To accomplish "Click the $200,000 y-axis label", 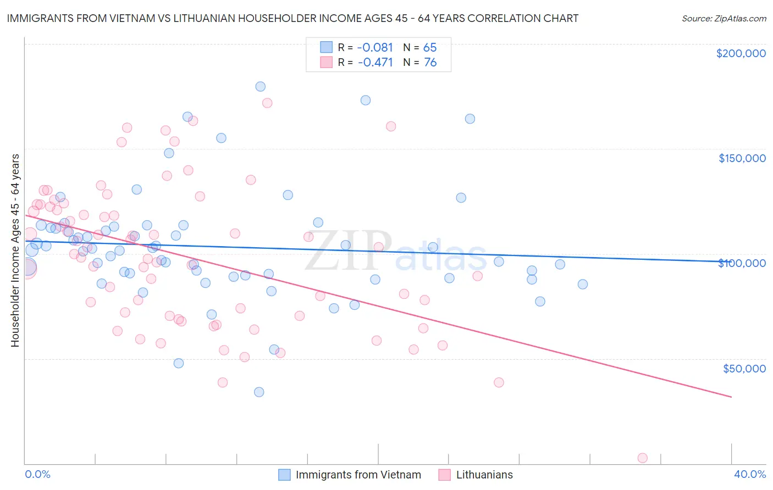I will click(x=741, y=53).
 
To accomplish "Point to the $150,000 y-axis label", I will click(x=742, y=158).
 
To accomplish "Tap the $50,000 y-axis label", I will click(x=744, y=368).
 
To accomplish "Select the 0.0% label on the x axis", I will click(x=37, y=474).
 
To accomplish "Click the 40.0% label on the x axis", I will click(x=749, y=474).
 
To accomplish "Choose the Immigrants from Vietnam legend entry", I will click(x=358, y=475).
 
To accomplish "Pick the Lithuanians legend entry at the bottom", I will click(x=484, y=475).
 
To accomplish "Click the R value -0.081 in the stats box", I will click(x=375, y=47).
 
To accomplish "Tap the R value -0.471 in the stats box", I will click(x=375, y=62).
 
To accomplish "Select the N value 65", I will click(x=430, y=47).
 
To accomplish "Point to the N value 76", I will click(x=430, y=62).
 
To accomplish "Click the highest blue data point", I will click(x=261, y=86).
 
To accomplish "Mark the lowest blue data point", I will click(x=259, y=392).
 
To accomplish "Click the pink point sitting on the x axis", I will click(x=642, y=458).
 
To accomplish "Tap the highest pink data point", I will click(x=267, y=103).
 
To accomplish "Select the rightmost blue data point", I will click(x=583, y=284).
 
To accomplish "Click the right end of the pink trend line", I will click(x=731, y=397).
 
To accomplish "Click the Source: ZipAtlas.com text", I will click(x=724, y=18).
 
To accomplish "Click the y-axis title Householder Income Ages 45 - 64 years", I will click(x=15, y=250).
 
